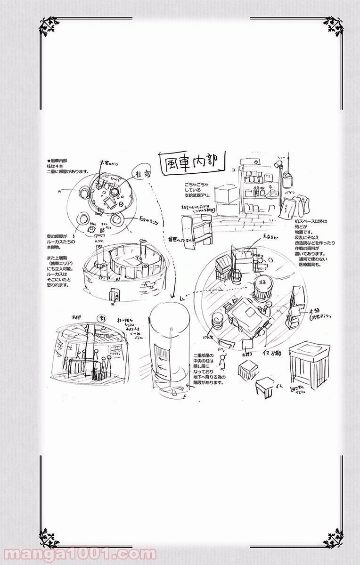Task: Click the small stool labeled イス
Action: pyautogui.click(x=266, y=387)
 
